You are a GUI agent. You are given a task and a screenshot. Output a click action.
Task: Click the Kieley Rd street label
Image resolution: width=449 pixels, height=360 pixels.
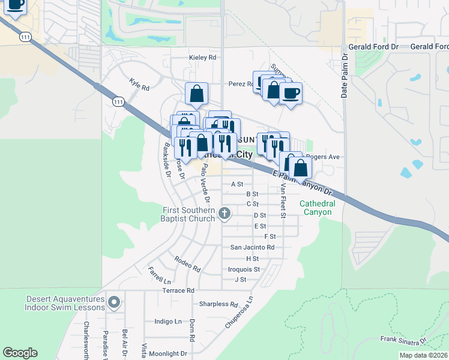(202, 58)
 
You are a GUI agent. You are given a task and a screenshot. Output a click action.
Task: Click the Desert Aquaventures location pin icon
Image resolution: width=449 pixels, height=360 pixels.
(114, 302)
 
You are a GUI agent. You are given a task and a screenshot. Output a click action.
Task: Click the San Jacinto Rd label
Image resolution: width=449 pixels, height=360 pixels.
(252, 247)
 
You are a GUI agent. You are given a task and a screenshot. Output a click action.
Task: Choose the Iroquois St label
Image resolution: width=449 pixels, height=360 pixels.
(244, 269)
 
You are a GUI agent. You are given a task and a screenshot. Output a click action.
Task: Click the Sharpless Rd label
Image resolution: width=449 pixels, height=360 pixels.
(218, 304)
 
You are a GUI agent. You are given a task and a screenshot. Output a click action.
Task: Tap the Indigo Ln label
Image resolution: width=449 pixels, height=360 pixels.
(168, 322)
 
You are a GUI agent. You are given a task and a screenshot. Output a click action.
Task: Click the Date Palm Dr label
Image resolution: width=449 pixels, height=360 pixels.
(345, 75)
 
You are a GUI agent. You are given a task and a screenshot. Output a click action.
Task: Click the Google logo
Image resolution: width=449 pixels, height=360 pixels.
(20, 353)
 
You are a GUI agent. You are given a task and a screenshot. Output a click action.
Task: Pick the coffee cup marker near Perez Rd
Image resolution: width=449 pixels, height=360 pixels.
(291, 93)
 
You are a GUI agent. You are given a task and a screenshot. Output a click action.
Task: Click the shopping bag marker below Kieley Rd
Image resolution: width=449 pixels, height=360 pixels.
(196, 94)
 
